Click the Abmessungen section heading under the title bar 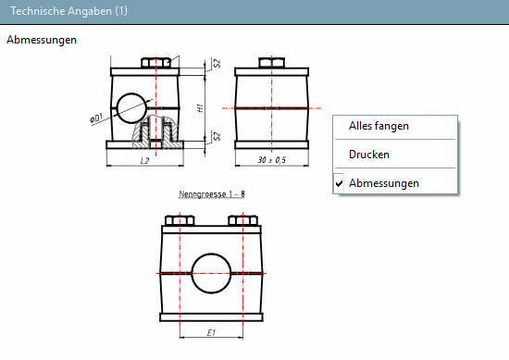tap(42, 41)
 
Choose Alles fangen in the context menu tap(379, 126)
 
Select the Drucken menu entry tap(368, 155)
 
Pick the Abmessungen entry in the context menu tap(383, 183)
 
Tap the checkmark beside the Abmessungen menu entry tap(340, 183)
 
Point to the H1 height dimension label tap(201, 107)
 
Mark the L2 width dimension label tap(143, 161)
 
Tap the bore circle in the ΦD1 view tap(130, 105)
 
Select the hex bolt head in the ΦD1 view tap(155, 63)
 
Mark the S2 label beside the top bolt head tap(216, 65)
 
